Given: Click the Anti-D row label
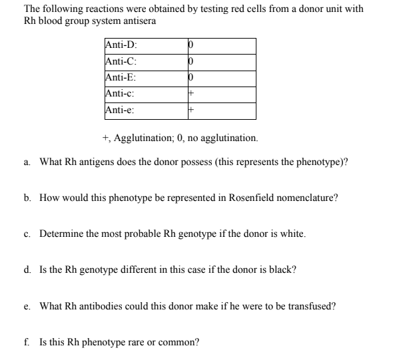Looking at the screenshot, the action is click(121, 45).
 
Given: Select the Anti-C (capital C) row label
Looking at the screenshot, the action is click(121, 62).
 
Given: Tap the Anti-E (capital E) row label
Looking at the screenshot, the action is click(121, 78).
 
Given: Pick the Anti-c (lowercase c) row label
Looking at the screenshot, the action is click(121, 94).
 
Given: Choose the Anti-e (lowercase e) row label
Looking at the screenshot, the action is click(121, 110).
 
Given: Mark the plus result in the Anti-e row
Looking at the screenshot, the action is click(191, 110).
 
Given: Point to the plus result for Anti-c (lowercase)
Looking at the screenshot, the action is click(191, 94).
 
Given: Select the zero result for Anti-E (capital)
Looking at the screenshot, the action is click(191, 79).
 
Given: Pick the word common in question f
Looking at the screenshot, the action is click(177, 343).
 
